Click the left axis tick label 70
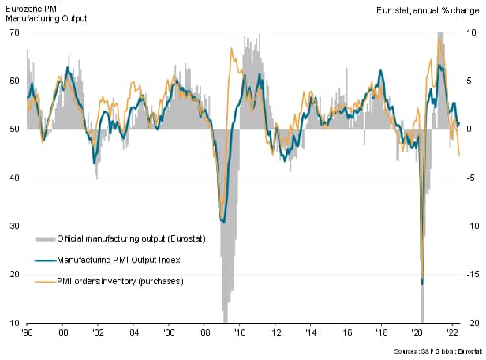click(15, 32)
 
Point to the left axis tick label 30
click(15, 227)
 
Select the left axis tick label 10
click(15, 323)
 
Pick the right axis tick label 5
click(469, 81)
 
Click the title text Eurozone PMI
click(30, 7)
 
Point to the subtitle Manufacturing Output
click(46, 17)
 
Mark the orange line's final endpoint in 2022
click(460, 155)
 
